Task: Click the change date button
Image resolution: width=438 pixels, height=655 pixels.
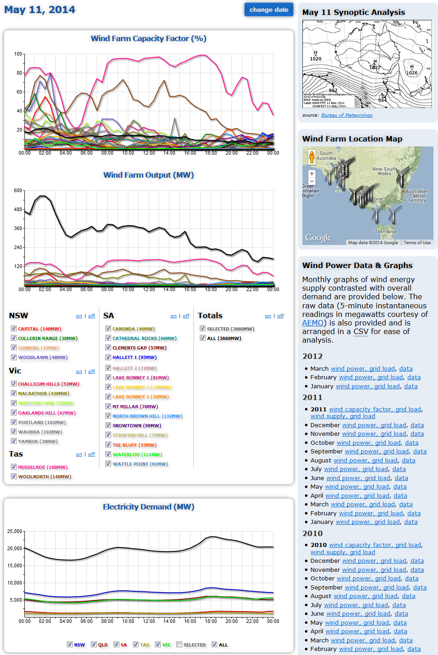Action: tap(268, 9)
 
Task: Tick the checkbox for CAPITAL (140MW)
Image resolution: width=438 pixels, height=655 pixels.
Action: tap(14, 329)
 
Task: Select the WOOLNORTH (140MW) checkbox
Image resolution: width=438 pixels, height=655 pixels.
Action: tap(14, 476)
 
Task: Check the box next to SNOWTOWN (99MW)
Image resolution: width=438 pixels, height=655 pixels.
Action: tap(108, 425)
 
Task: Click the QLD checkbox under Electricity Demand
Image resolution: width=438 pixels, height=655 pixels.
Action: tap(94, 645)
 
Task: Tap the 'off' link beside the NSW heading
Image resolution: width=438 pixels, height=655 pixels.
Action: tap(91, 316)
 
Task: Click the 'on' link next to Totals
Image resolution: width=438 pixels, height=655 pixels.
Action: tap(268, 316)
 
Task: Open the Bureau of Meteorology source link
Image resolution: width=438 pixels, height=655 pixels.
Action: tap(347, 115)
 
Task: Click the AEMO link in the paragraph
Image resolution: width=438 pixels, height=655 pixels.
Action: tap(313, 323)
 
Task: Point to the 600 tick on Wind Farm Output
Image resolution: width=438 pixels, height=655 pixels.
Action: tap(18, 191)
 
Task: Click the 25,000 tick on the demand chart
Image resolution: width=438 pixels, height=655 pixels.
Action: tap(15, 531)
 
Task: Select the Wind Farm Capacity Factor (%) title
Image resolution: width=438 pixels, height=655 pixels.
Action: tap(148, 38)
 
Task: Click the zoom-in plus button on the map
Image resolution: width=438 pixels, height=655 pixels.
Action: tap(311, 174)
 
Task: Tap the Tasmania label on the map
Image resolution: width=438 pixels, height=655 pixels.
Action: tap(385, 231)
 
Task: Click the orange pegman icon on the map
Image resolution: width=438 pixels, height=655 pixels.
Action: tap(311, 157)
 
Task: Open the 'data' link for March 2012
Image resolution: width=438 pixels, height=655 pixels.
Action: tap(405, 369)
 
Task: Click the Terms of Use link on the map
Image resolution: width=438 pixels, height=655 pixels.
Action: tap(417, 243)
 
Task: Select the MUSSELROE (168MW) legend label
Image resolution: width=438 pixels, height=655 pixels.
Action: tap(42, 467)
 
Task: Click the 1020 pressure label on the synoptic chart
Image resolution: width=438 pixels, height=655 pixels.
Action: tap(316, 59)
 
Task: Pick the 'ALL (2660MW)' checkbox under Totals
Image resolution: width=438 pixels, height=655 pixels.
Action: tap(203, 338)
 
